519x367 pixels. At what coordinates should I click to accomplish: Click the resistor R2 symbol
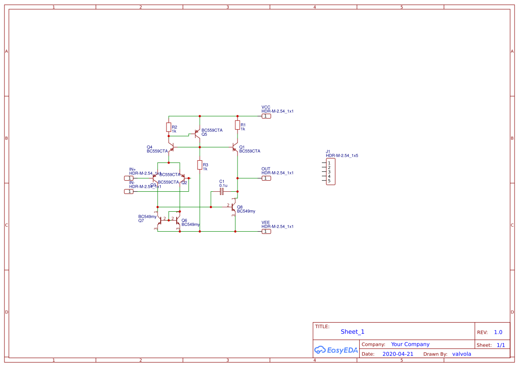pyautogui.click(x=169, y=127)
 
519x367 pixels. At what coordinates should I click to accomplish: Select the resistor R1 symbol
pyautogui.click(x=238, y=125)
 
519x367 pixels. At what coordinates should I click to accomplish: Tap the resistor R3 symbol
pyautogui.click(x=200, y=165)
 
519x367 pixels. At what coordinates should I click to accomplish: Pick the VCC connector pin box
pyautogui.click(x=265, y=116)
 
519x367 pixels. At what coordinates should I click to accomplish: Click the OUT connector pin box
pyautogui.click(x=265, y=178)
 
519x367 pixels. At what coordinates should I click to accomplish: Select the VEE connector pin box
pyautogui.click(x=265, y=231)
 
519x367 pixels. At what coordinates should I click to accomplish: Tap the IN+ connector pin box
pyautogui.click(x=128, y=178)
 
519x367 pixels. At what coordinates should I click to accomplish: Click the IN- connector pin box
pyautogui.click(x=128, y=191)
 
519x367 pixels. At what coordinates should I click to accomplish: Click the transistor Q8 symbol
pyautogui.click(x=233, y=207)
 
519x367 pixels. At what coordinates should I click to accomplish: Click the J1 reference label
pyautogui.click(x=328, y=151)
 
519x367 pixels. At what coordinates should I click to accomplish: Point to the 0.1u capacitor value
pyautogui.click(x=223, y=185)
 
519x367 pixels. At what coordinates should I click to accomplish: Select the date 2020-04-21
pyautogui.click(x=397, y=354)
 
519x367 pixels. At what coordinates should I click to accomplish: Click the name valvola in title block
pyautogui.click(x=461, y=354)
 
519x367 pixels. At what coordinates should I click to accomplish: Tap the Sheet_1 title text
pyautogui.click(x=352, y=331)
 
